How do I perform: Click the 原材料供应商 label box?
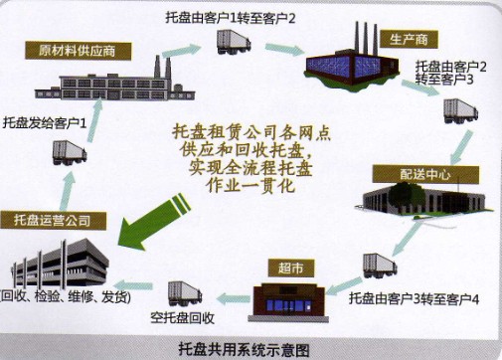(83, 50)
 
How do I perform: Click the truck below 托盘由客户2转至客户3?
(461, 107)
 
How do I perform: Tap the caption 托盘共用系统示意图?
(251, 349)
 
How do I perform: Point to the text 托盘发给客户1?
(45, 124)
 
